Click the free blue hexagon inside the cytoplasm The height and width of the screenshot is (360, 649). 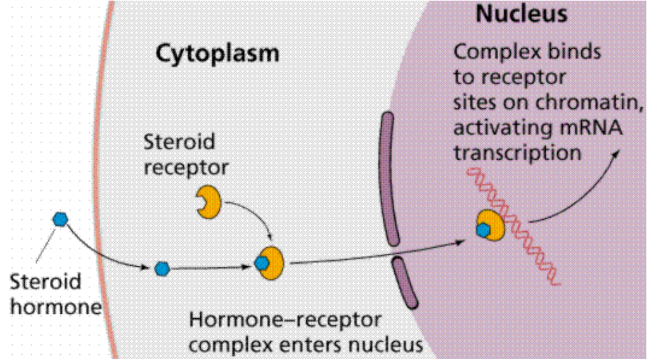(162, 269)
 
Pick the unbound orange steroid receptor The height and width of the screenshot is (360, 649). (209, 202)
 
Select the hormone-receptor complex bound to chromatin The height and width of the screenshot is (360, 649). (491, 226)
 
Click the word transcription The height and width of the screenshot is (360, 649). (517, 153)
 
